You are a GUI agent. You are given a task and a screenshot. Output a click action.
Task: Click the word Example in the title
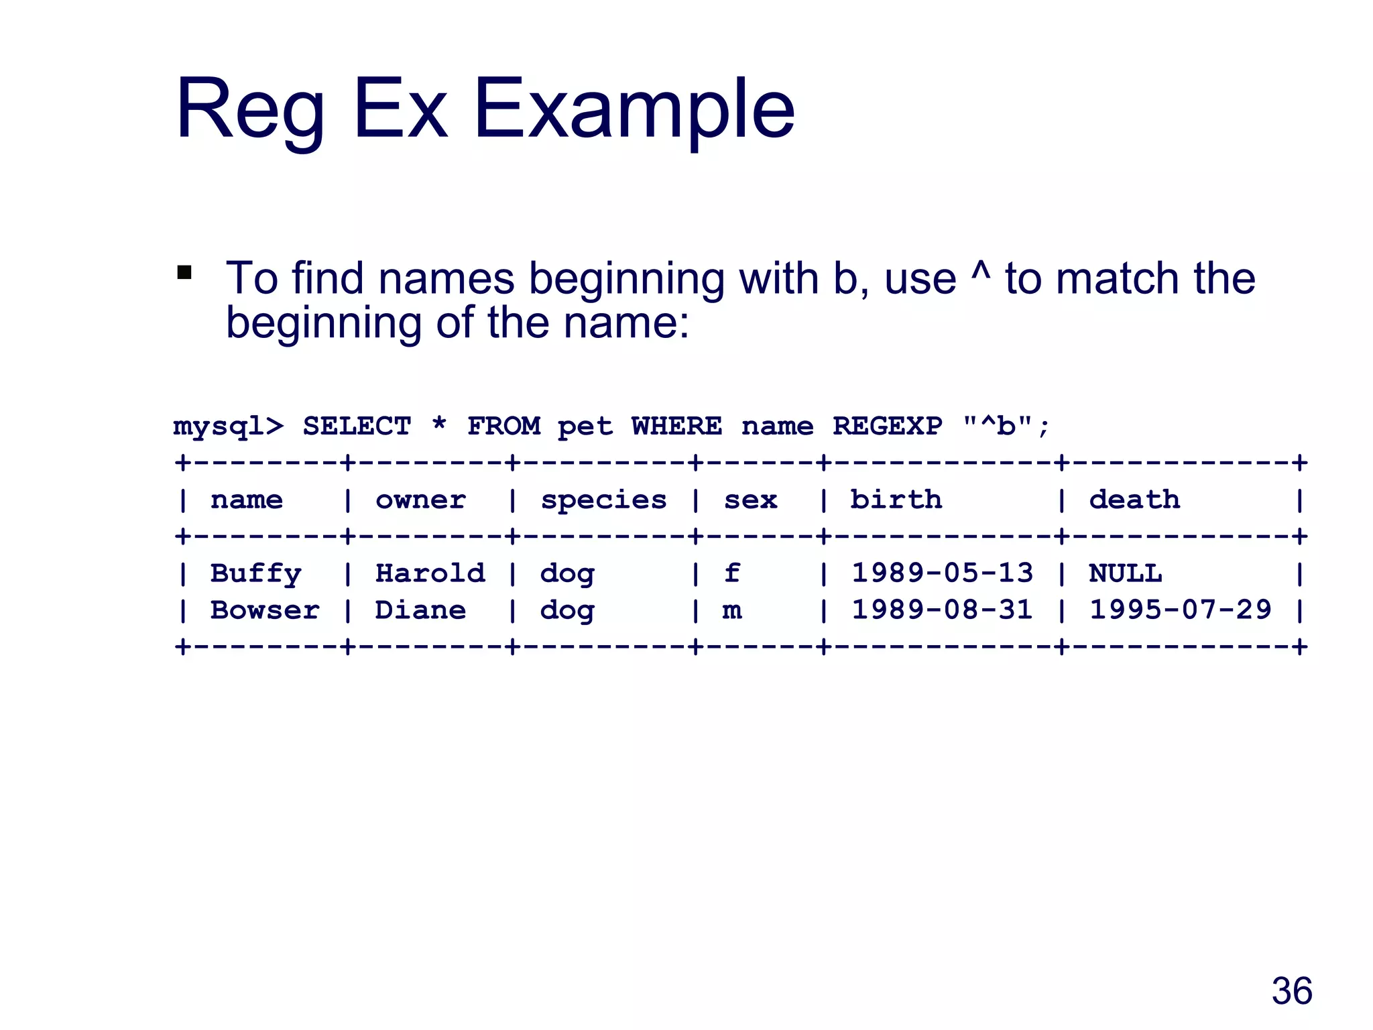click(x=634, y=109)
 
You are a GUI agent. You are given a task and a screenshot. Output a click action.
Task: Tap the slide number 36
click(x=1291, y=991)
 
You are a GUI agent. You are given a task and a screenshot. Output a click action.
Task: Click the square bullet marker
click(x=184, y=273)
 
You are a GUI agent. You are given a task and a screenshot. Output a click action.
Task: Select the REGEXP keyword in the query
click(x=887, y=426)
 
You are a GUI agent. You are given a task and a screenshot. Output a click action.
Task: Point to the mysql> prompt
click(x=228, y=427)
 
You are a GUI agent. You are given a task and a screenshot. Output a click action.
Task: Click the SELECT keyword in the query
click(x=357, y=426)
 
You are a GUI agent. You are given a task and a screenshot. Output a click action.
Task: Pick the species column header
click(x=603, y=500)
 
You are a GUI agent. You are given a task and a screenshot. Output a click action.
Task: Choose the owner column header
click(x=420, y=500)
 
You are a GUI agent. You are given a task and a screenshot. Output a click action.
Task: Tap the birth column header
click(x=896, y=500)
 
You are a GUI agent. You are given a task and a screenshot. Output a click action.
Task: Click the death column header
click(x=1134, y=500)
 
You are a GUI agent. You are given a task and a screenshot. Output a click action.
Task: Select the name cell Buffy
click(x=255, y=574)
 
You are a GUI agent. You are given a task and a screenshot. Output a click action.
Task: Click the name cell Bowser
click(x=265, y=610)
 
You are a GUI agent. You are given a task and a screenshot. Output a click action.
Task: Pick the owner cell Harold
click(x=430, y=574)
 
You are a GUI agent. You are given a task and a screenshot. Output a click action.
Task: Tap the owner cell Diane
click(x=420, y=610)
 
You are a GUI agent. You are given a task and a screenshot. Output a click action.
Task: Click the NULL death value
click(x=1125, y=574)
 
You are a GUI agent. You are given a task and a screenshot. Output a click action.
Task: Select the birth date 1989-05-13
click(x=942, y=573)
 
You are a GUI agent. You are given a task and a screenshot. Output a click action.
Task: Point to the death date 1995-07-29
click(x=1180, y=610)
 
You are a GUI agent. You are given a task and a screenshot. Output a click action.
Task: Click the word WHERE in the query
click(x=676, y=426)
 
